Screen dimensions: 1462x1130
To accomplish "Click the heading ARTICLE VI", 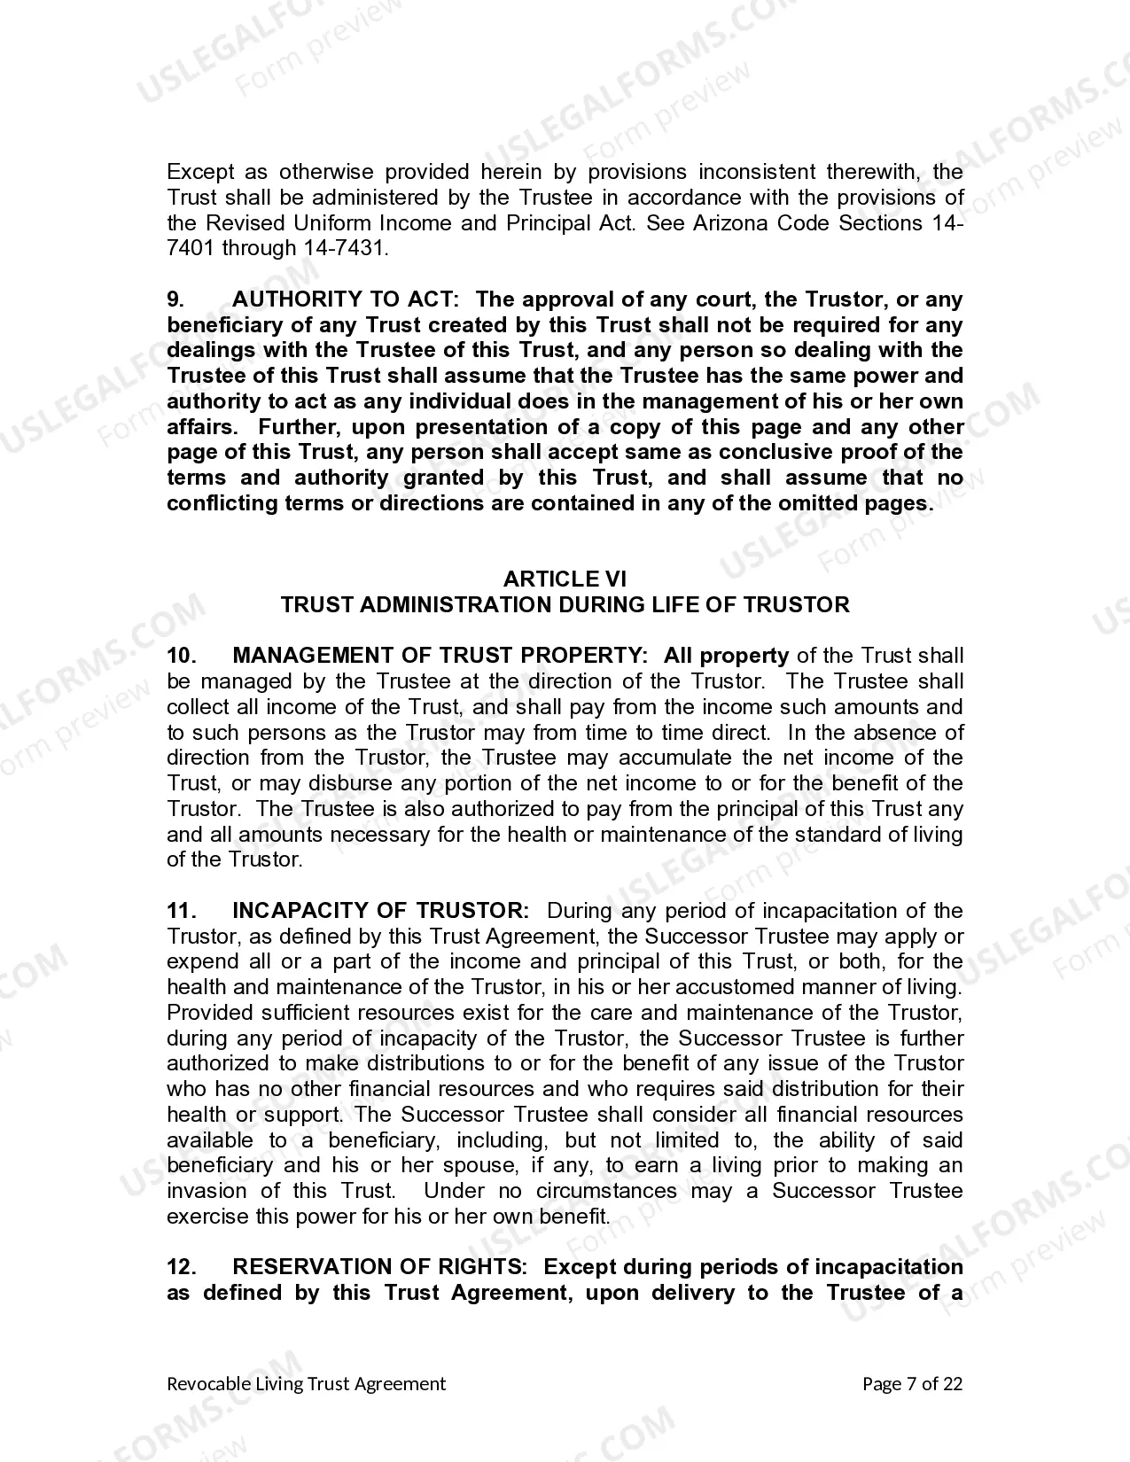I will [x=565, y=579].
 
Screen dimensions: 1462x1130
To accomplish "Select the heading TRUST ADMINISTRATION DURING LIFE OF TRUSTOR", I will [x=565, y=605].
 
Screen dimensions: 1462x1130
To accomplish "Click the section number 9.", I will [x=175, y=299].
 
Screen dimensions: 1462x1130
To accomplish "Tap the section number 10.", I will [x=180, y=656].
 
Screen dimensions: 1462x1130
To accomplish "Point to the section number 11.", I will [x=180, y=911].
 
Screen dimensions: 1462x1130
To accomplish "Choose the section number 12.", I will [x=180, y=1267].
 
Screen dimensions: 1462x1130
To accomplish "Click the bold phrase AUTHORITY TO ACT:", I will [x=346, y=299].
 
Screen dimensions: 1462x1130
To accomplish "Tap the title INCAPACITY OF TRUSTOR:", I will [x=381, y=911].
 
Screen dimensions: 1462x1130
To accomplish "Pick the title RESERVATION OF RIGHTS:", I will [x=380, y=1267].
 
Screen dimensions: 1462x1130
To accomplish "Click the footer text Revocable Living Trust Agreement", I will [x=307, y=1384].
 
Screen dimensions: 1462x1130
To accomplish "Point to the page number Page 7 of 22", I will [x=912, y=1384].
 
